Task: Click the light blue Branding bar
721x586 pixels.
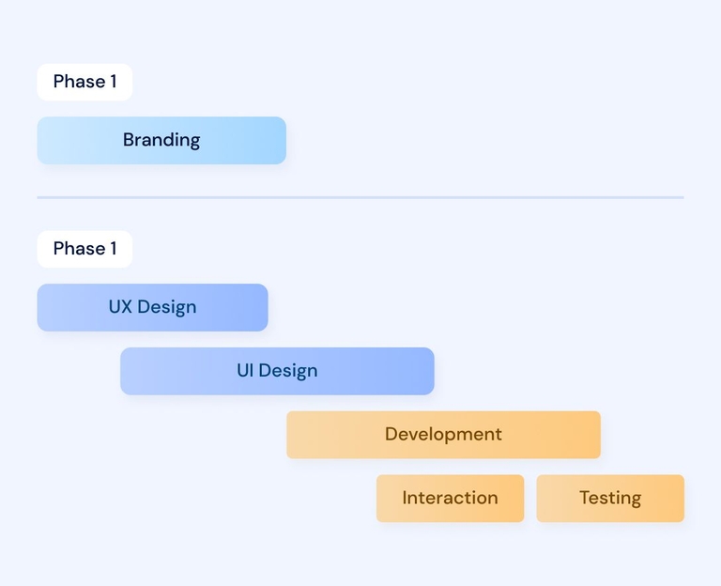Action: click(x=161, y=140)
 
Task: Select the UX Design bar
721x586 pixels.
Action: click(x=152, y=307)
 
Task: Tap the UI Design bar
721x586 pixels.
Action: click(x=277, y=371)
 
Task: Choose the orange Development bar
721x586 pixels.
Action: click(x=443, y=435)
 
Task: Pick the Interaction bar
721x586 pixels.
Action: click(x=451, y=498)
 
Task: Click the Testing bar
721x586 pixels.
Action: click(x=610, y=498)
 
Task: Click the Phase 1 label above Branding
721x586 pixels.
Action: click(x=84, y=82)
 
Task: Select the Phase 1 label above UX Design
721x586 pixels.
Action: click(x=84, y=249)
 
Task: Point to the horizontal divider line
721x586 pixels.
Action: click(x=360, y=197)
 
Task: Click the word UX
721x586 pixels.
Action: click(x=120, y=307)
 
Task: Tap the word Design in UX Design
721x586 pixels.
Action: click(x=167, y=308)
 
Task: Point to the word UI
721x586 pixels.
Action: click(x=245, y=370)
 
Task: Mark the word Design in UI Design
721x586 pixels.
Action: click(x=288, y=371)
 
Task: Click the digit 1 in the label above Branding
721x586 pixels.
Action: click(x=113, y=82)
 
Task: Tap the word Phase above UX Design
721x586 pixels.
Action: click(x=79, y=248)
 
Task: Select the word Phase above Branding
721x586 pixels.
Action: click(x=79, y=82)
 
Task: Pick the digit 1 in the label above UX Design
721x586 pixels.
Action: click(x=113, y=248)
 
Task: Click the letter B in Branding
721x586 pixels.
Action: click(x=129, y=140)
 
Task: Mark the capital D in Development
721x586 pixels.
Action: click(x=391, y=434)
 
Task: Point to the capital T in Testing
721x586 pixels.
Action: click(x=585, y=498)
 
